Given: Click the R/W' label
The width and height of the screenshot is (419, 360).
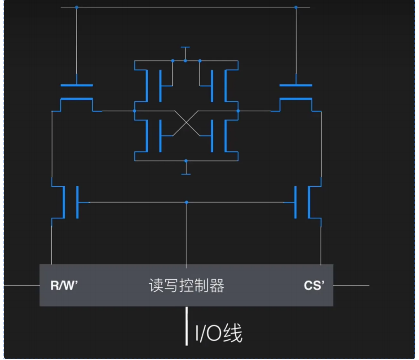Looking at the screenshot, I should [64, 286].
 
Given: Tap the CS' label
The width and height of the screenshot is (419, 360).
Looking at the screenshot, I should [313, 286].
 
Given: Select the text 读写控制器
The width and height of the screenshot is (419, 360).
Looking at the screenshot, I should [186, 285].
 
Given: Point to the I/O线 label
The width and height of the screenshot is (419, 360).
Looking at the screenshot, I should [219, 334].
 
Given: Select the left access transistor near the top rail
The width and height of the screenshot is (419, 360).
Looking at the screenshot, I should [77, 92].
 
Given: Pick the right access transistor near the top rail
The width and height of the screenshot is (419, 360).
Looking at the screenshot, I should [296, 92].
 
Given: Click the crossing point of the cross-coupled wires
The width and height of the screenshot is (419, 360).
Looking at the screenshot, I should [186, 123].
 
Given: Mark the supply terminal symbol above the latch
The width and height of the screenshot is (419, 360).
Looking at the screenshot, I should [185, 47].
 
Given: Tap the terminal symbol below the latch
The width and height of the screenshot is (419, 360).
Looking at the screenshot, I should [185, 174].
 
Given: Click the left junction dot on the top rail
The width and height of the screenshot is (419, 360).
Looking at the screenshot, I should [77, 7].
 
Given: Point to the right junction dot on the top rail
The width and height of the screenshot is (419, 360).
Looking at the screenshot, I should [296, 7].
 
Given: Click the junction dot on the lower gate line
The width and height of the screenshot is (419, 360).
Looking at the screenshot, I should [186, 202].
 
